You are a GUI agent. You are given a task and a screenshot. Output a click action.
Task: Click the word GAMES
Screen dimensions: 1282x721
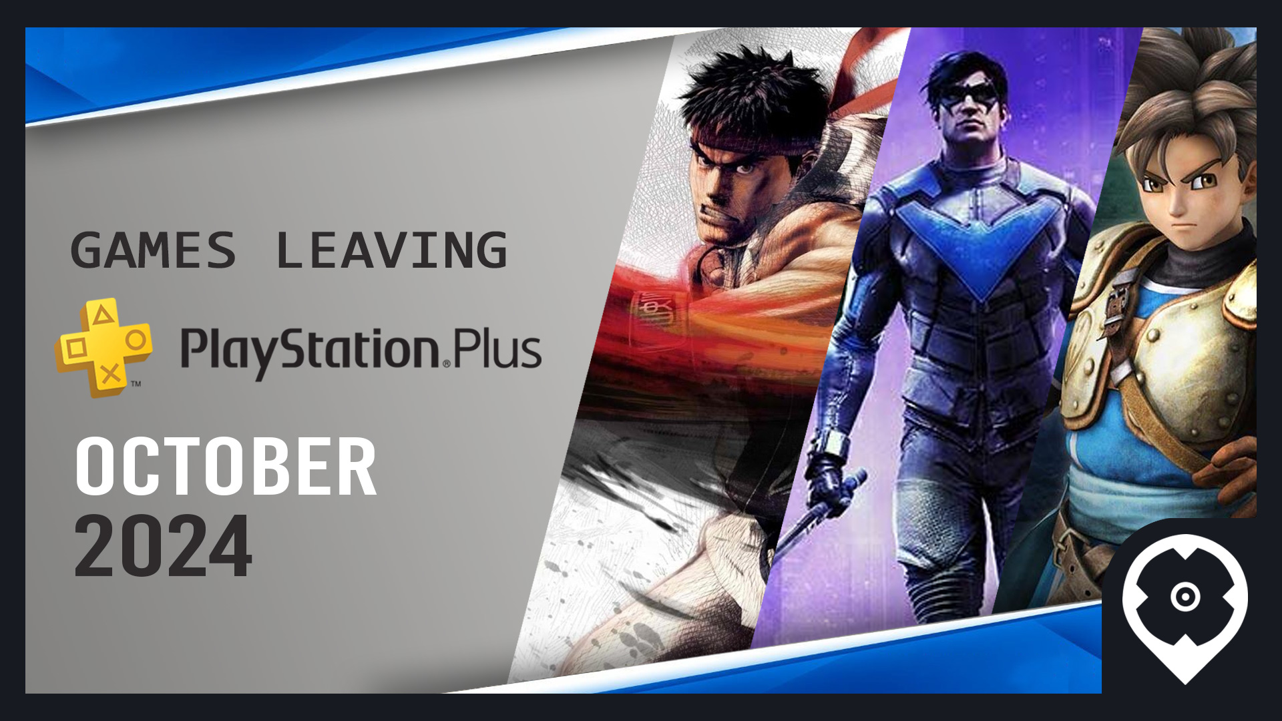(x=154, y=250)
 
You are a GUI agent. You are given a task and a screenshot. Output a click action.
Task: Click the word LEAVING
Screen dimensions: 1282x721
(x=391, y=250)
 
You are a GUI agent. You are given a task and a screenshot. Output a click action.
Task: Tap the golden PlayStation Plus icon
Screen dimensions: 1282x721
(x=103, y=347)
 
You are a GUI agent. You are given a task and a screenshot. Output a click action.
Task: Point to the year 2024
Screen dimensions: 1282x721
(x=164, y=546)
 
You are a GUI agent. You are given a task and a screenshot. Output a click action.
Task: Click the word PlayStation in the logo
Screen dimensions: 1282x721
(x=310, y=352)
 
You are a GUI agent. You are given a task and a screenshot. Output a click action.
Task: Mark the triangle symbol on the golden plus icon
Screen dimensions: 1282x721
(x=101, y=314)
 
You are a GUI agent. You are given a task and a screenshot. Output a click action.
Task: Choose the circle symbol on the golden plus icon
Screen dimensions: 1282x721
(x=136, y=340)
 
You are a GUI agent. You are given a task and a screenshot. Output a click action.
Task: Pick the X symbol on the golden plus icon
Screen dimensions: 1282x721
(x=111, y=373)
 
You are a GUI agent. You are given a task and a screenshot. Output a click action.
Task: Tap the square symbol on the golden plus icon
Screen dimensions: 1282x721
(x=75, y=348)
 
